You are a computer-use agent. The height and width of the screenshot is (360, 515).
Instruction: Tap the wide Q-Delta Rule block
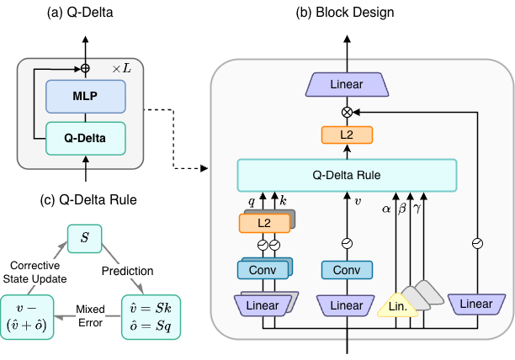(347, 176)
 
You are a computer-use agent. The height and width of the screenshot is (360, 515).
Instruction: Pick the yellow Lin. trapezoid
(401, 306)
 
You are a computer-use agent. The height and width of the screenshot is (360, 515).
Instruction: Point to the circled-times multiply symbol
(347, 111)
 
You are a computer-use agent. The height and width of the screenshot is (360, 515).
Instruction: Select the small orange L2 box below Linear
(347, 135)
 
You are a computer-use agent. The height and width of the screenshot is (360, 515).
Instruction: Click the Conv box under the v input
(347, 270)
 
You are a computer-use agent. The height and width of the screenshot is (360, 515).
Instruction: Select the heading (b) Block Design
(347, 11)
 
